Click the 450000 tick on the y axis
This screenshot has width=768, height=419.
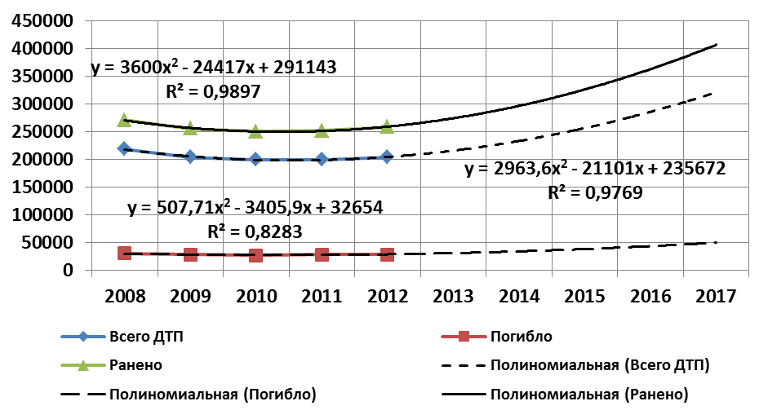point(40,20)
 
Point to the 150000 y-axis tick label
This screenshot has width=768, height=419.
point(40,187)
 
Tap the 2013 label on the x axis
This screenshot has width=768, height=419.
point(453,294)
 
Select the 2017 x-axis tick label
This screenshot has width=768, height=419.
point(716,294)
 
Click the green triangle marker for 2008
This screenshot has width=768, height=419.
point(124,120)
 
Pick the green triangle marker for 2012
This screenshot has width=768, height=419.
point(387,126)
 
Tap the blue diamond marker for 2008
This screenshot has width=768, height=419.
point(124,148)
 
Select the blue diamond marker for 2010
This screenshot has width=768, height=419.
point(255,159)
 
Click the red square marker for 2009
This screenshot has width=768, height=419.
point(190,254)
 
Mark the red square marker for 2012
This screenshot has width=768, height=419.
point(387,254)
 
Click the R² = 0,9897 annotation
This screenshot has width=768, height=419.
point(215,91)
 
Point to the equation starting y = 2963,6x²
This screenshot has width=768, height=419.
point(595,169)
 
